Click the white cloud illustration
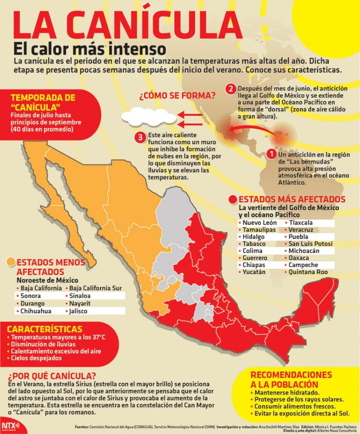click(147, 116)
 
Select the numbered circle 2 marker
click(230, 89)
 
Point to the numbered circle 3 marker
click(139, 137)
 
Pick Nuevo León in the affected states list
click(259, 223)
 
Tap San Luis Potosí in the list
click(310, 244)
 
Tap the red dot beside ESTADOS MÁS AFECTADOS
click(233, 200)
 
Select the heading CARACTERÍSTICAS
click(44, 329)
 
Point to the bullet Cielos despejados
click(36, 358)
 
